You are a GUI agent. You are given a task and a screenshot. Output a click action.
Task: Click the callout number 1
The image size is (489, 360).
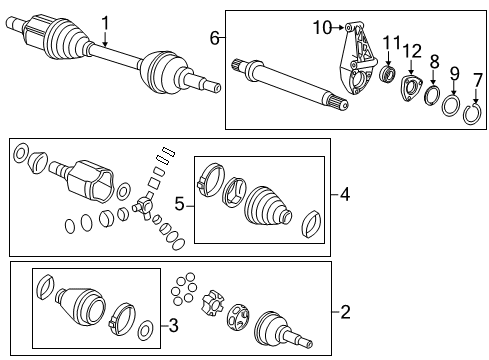106,20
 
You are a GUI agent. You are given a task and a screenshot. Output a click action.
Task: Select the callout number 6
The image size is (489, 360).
213,37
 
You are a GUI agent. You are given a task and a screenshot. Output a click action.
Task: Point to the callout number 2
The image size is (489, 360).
345,312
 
